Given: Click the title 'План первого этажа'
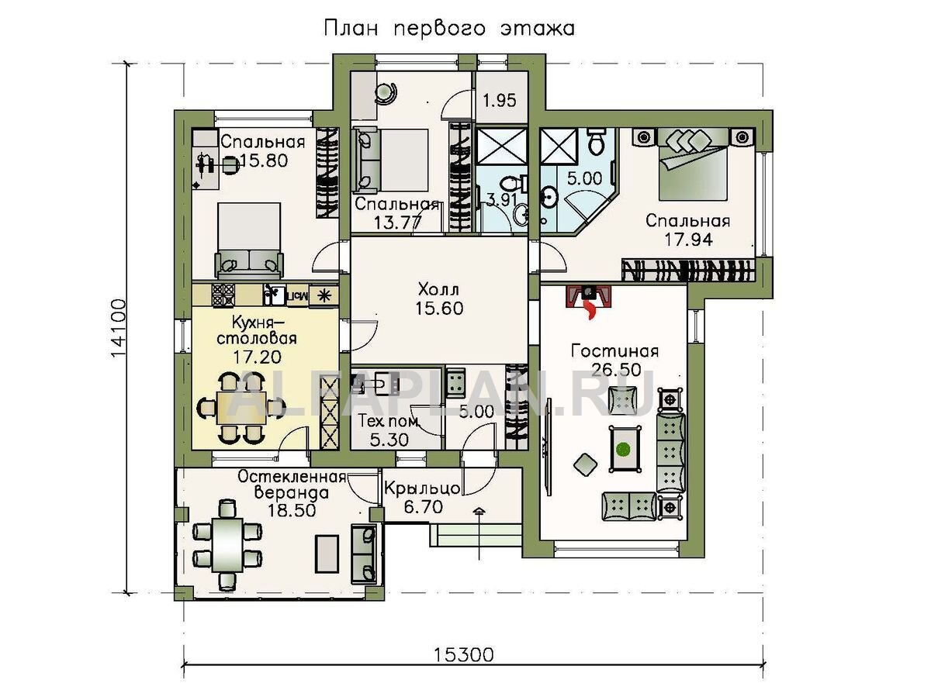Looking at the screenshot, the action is click(449, 29).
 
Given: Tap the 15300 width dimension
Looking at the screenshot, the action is click(464, 654).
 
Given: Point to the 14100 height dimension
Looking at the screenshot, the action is click(119, 328).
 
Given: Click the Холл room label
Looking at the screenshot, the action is click(438, 289).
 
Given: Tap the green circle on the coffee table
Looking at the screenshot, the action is click(623, 448).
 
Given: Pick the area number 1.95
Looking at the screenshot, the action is click(500, 101).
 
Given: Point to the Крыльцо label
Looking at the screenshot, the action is click(423, 489).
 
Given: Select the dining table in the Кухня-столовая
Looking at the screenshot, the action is click(241, 407).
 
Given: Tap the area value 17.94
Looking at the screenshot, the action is click(688, 240).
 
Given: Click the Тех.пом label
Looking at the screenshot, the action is click(388, 421).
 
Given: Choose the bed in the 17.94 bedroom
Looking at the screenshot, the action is click(692, 165).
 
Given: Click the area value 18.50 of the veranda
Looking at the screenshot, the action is click(292, 510).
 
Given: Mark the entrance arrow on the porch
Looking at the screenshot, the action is click(479, 534).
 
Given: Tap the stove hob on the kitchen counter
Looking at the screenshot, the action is click(223, 294).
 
